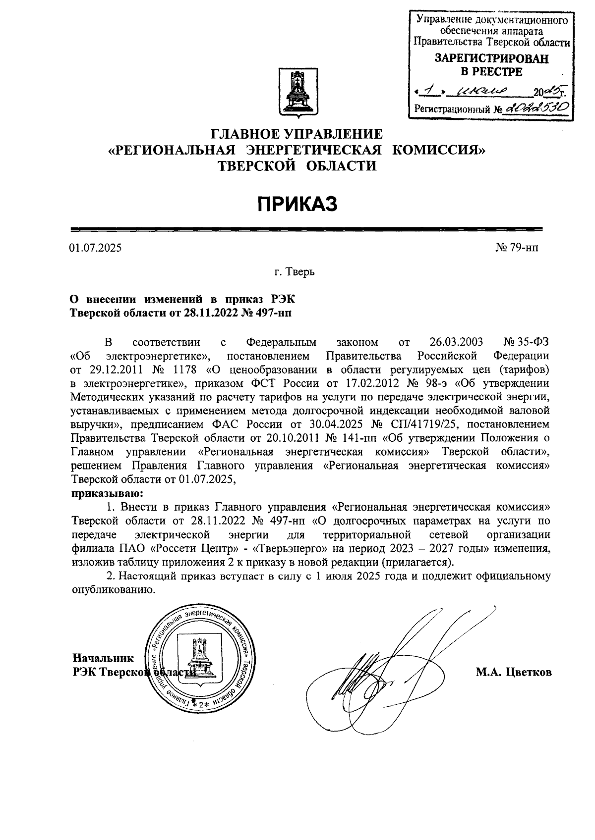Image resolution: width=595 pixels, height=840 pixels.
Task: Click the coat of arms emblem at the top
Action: click(x=297, y=94)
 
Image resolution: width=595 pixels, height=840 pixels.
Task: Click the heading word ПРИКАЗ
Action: click(x=297, y=204)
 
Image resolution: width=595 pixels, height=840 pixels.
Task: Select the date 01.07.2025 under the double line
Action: click(x=95, y=248)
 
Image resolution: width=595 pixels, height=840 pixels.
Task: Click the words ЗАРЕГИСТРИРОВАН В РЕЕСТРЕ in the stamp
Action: click(x=491, y=65)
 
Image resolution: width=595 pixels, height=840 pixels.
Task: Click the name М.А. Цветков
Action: click(x=514, y=673)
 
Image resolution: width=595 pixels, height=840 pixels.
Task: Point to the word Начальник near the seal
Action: click(x=103, y=658)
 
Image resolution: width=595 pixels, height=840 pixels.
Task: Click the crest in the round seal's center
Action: click(x=200, y=657)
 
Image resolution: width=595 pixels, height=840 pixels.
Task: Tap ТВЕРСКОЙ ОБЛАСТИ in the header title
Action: click(x=297, y=165)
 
